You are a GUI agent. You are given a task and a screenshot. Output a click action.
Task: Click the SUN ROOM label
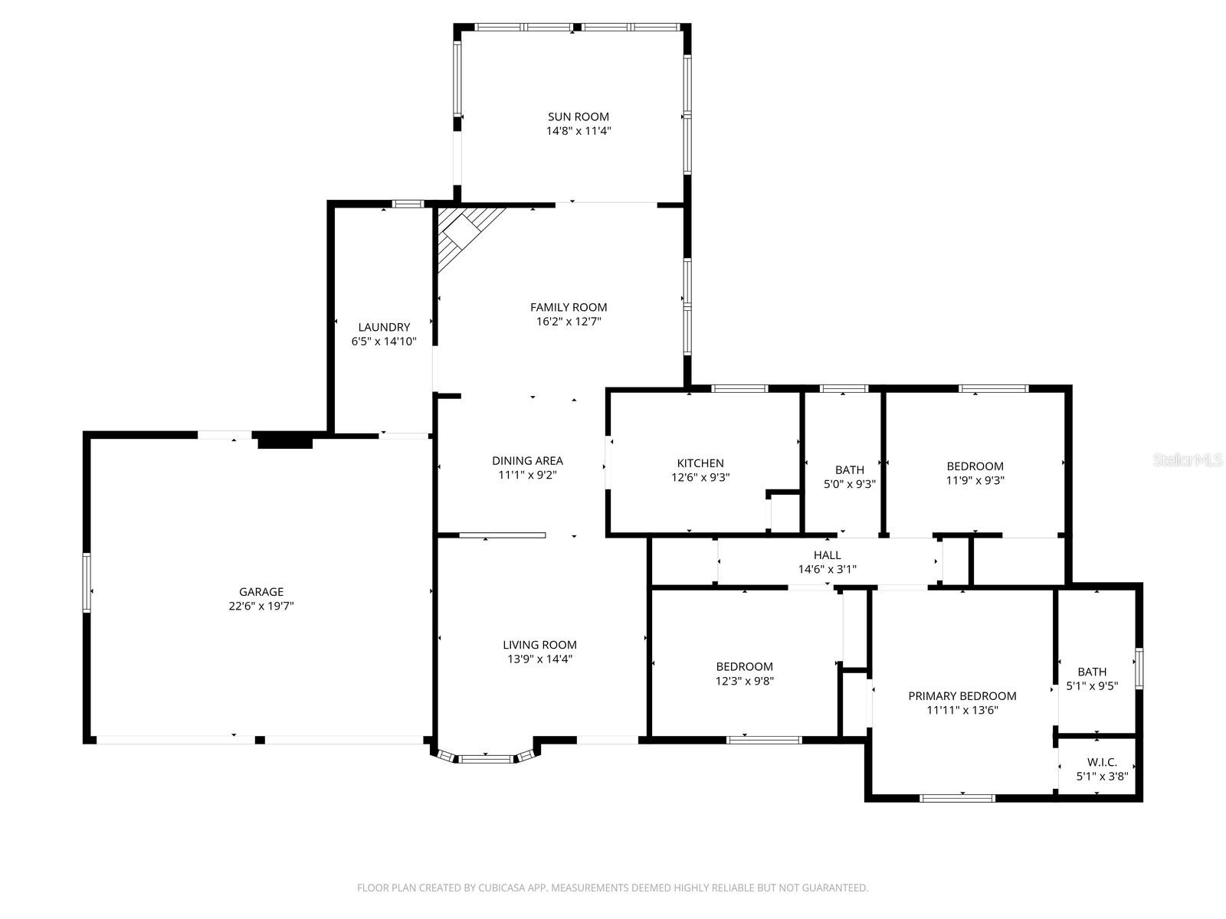[x=578, y=116]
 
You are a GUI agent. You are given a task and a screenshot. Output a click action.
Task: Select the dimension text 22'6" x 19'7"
[x=261, y=606]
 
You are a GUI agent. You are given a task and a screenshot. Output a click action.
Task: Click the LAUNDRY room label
[x=384, y=327]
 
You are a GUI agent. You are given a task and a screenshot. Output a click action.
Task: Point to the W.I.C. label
[x=1102, y=762]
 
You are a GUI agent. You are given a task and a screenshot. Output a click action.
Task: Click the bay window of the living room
[x=485, y=759]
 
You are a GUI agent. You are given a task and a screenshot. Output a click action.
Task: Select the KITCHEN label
[x=700, y=463]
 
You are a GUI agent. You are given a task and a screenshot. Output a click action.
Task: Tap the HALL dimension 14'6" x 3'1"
[x=827, y=569]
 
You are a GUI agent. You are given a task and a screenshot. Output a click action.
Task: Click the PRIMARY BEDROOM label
[x=962, y=695]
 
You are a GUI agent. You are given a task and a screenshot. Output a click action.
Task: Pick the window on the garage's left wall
[x=87, y=583]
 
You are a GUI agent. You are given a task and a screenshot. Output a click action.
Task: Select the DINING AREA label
[x=527, y=460]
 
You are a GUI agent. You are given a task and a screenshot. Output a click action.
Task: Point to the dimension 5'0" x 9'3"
[x=849, y=484]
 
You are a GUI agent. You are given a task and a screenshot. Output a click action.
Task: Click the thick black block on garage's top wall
[x=284, y=440]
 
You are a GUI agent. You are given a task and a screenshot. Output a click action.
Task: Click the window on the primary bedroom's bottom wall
[x=957, y=798]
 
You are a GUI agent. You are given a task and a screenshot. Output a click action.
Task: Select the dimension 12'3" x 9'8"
[x=744, y=681]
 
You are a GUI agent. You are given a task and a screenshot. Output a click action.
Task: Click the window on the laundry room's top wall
[x=408, y=204]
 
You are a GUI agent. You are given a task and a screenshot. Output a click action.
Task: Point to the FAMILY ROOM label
[x=569, y=307]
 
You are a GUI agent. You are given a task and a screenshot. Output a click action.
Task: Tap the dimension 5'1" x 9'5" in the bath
[x=1092, y=686]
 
